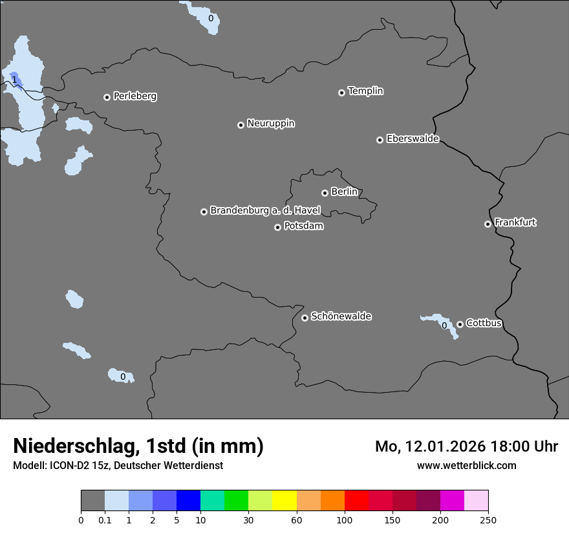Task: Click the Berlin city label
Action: (x=344, y=192)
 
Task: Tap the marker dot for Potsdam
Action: (x=277, y=227)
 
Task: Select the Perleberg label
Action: (x=134, y=96)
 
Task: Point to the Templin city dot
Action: (x=341, y=93)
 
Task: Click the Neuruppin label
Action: (x=270, y=124)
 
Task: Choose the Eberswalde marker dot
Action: (x=380, y=140)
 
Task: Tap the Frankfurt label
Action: (x=515, y=223)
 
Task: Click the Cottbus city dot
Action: (x=460, y=324)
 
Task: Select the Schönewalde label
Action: (x=341, y=316)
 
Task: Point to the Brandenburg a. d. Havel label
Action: (x=265, y=210)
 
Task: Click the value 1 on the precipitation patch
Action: (x=14, y=80)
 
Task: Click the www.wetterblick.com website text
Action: (x=466, y=465)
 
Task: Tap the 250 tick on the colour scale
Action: (x=488, y=520)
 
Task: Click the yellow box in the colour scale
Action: (x=284, y=501)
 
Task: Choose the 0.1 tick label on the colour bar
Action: (x=105, y=520)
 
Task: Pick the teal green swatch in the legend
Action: (x=212, y=501)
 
